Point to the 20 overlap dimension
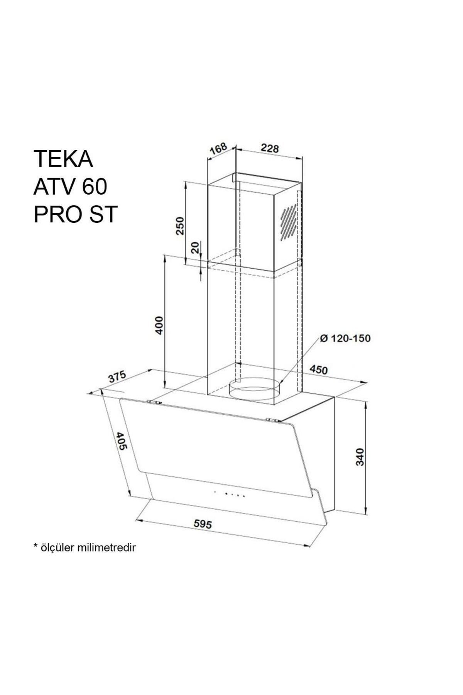point(196,247)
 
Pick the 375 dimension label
point(117,376)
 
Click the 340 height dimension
point(360,457)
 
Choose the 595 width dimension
point(203,524)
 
